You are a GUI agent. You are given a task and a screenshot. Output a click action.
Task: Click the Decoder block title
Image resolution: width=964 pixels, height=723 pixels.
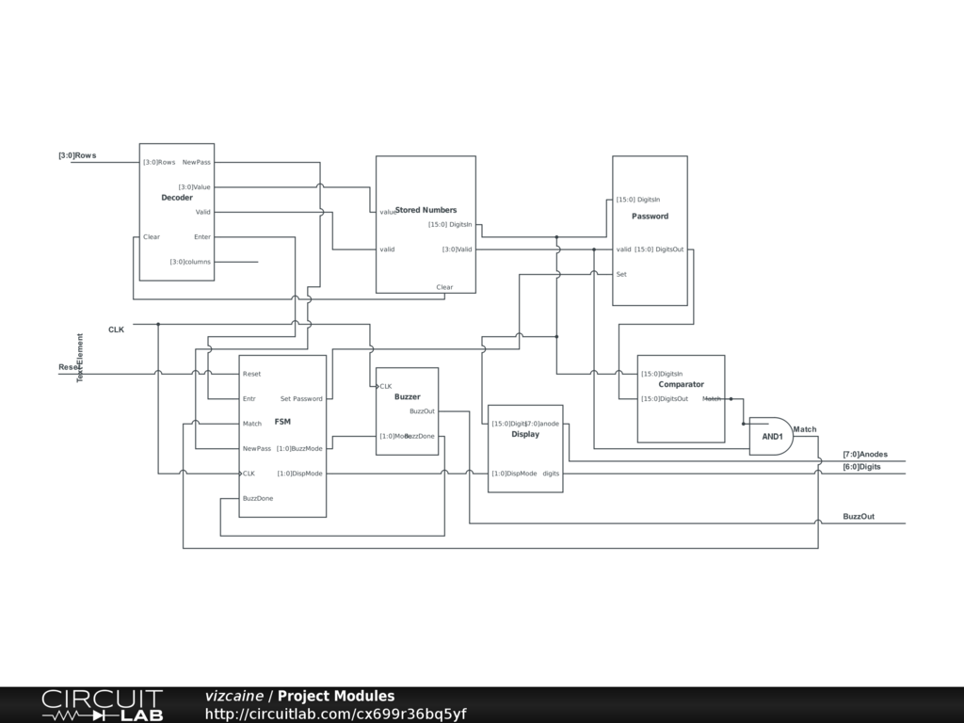[x=177, y=198]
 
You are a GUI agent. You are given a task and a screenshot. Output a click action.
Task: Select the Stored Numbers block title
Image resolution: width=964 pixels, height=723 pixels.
[x=426, y=210]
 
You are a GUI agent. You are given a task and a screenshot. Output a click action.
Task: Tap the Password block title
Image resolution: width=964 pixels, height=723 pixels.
[x=650, y=217]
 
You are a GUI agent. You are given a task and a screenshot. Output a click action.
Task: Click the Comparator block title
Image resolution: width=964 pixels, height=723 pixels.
[x=681, y=384]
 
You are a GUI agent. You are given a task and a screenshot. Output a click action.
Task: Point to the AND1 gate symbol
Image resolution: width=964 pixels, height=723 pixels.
[x=771, y=436]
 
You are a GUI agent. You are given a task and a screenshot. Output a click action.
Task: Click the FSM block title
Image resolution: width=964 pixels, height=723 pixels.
[x=282, y=422]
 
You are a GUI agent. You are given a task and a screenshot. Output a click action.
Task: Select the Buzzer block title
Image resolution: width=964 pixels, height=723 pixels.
[x=407, y=397]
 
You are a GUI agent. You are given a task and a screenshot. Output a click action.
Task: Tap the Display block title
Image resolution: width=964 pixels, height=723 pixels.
[x=525, y=435]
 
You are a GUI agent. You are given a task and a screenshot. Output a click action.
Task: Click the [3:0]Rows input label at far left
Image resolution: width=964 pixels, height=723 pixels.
[x=77, y=155]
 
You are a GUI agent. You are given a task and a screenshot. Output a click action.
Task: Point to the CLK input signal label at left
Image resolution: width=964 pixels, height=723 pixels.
[x=116, y=329]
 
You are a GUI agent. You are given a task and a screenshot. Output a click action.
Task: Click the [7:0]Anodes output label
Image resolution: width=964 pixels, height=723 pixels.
[x=865, y=455]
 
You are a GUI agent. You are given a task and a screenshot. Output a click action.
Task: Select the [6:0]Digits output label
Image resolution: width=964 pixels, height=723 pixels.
[x=861, y=467]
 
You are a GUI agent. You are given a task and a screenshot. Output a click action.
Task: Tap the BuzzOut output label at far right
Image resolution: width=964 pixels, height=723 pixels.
[x=859, y=517]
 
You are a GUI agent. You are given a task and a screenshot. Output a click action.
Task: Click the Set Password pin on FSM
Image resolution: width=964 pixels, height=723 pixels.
[x=301, y=399]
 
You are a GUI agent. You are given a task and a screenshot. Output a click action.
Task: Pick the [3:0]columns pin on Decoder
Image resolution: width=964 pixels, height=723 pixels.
[x=190, y=262]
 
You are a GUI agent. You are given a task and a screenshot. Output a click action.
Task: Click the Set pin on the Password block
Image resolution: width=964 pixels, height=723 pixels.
[x=621, y=275]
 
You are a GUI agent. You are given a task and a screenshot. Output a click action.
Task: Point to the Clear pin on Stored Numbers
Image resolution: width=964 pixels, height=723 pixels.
[x=444, y=287]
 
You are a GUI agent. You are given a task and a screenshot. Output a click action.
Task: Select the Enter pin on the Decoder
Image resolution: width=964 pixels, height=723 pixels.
[x=202, y=237]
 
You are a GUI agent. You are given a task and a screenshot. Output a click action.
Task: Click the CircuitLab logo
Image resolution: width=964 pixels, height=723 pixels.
[x=102, y=705]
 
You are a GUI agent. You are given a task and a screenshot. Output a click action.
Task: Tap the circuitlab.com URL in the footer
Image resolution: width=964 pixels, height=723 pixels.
[x=335, y=714]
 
